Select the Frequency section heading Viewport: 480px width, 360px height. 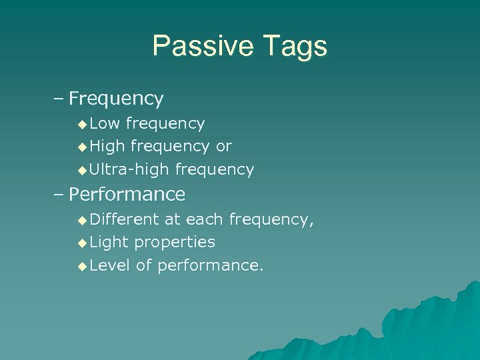coord(116,99)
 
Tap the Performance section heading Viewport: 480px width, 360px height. coord(127,195)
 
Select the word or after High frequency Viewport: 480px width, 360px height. coord(223,147)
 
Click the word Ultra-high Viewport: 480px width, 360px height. coord(129,170)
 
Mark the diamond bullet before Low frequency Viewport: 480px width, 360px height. coord(82,124)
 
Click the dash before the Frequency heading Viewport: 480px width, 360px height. coord(59,99)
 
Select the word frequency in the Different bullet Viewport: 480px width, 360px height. coord(271,219)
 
